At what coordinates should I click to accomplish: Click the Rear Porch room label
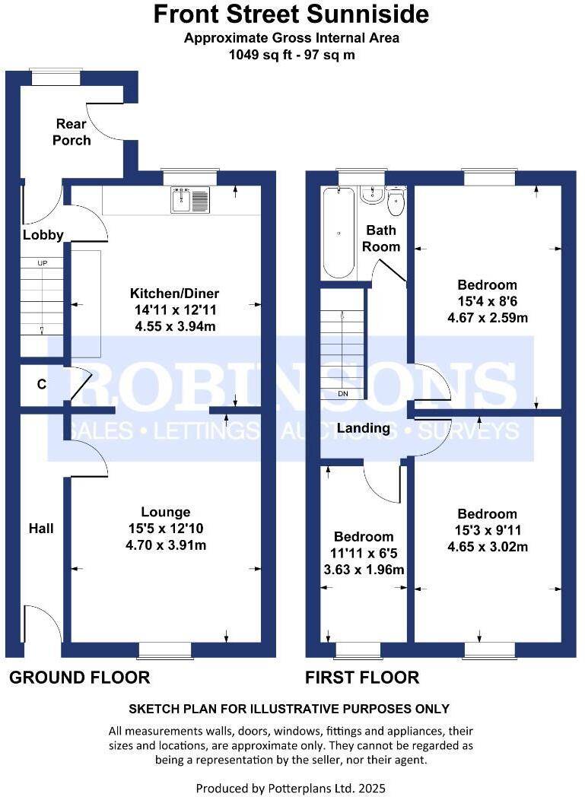click(x=72, y=132)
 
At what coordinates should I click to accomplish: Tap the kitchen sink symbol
click(x=189, y=200)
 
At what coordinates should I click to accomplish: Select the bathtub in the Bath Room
click(x=339, y=233)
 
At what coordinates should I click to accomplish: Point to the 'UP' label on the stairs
click(x=42, y=263)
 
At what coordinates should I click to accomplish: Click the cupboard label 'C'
click(x=41, y=385)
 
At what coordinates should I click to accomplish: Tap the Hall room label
click(x=41, y=528)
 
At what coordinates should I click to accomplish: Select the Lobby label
click(x=43, y=235)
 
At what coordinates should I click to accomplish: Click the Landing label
click(x=364, y=428)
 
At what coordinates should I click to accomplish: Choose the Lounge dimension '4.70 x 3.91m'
click(x=166, y=545)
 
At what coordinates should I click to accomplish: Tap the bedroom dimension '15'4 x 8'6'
click(x=487, y=302)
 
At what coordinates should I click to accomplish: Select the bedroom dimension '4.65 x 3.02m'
click(x=487, y=547)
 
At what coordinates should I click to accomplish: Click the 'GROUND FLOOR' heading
click(x=79, y=677)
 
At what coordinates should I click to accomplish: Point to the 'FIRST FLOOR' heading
click(x=362, y=677)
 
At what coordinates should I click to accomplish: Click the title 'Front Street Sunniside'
click(x=292, y=14)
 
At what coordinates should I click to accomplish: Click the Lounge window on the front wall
click(x=165, y=650)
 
